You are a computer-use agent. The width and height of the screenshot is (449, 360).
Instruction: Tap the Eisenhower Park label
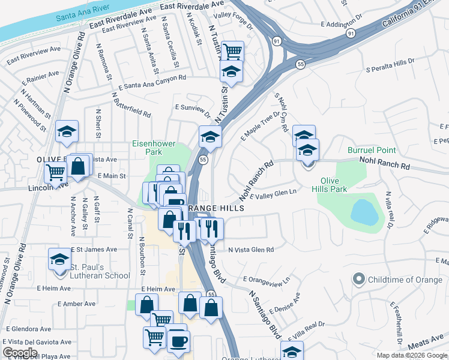152,148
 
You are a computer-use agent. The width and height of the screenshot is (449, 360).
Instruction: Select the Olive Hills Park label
334,184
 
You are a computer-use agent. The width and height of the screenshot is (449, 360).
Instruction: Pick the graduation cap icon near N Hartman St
67,132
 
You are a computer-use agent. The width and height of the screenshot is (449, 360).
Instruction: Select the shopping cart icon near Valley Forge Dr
232,52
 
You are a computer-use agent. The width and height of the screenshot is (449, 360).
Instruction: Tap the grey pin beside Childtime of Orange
359,279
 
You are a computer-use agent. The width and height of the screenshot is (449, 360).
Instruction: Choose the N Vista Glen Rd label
250,250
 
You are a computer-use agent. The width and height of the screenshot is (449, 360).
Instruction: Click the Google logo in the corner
20,353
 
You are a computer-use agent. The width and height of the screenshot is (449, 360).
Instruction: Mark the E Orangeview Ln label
267,280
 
